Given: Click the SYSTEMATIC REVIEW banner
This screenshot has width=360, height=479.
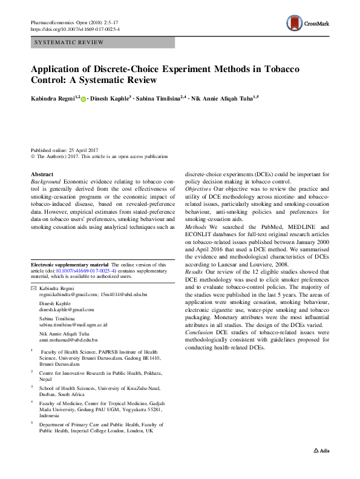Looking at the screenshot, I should [x=102, y=42].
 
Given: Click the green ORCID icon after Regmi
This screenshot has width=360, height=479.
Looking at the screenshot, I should [x=83, y=97].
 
